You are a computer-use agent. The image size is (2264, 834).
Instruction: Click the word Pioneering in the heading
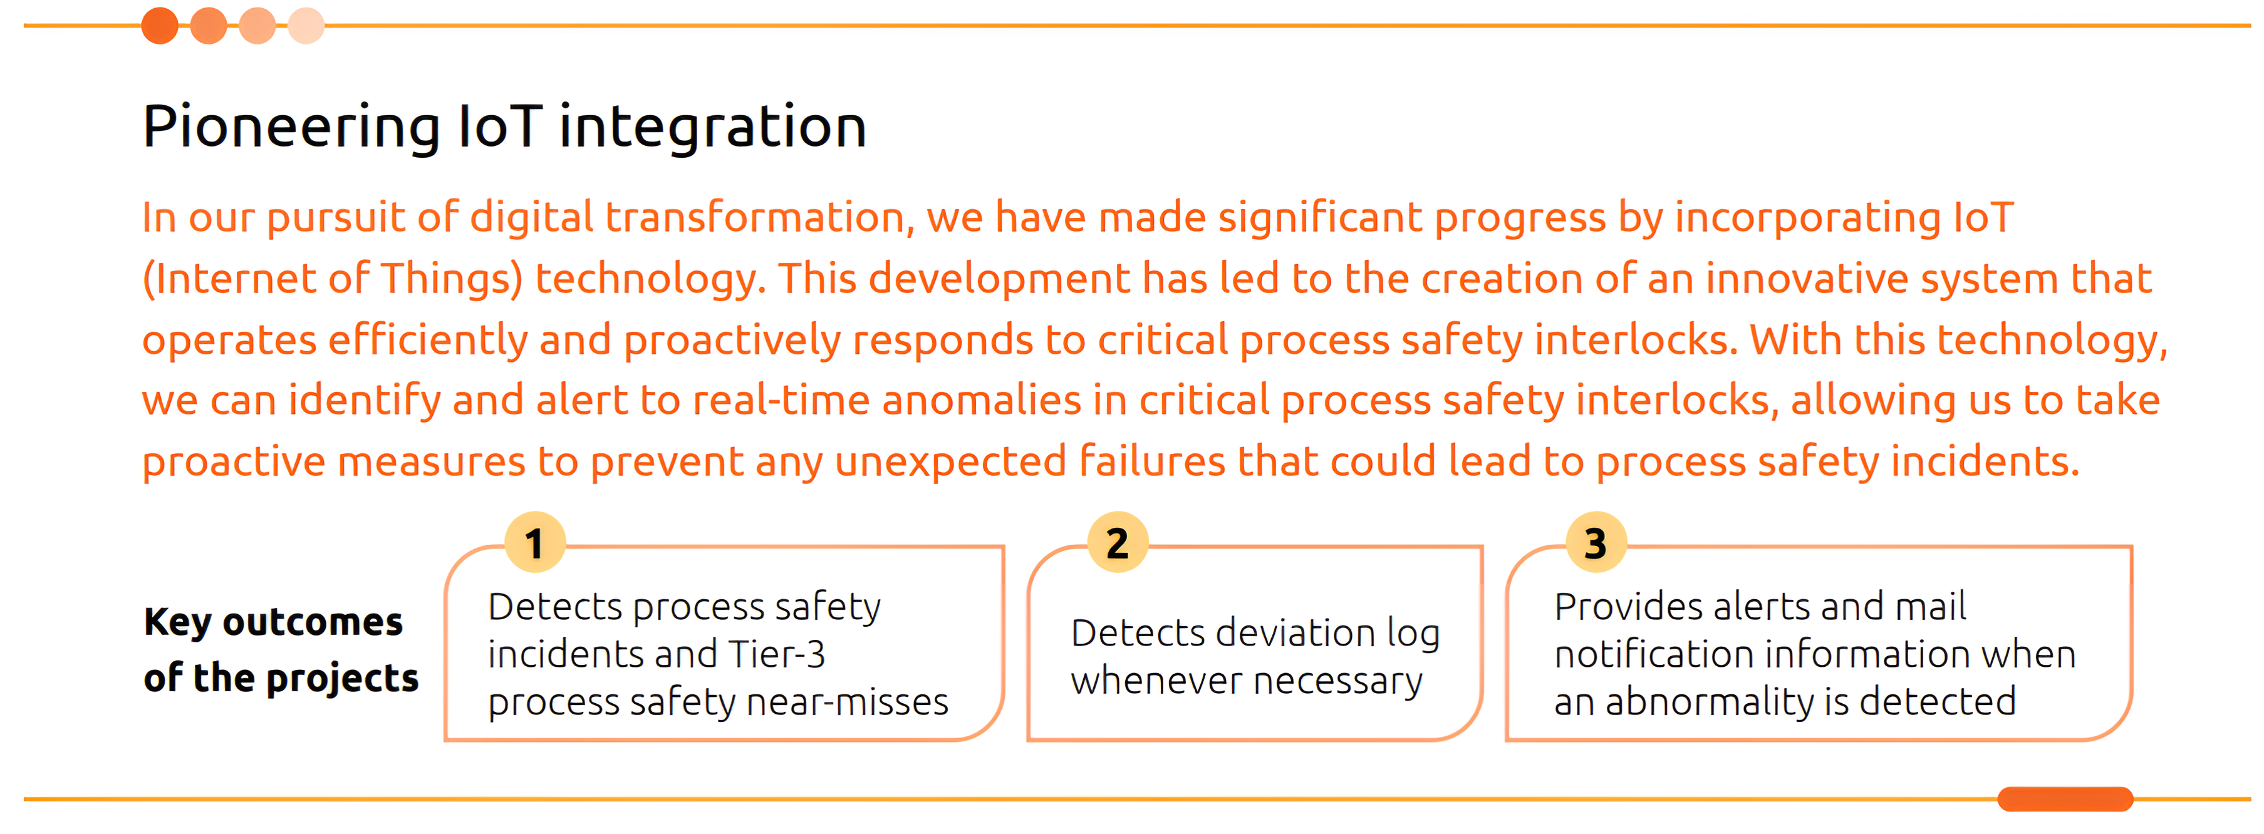click(x=291, y=128)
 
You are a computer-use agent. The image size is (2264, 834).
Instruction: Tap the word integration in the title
click(x=713, y=128)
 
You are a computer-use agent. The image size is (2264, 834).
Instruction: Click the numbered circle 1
click(x=534, y=542)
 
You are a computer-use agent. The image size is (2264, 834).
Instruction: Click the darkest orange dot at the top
click(x=160, y=26)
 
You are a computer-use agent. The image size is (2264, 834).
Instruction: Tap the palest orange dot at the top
click(x=306, y=26)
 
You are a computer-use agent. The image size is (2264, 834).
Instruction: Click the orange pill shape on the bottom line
click(x=2065, y=799)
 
